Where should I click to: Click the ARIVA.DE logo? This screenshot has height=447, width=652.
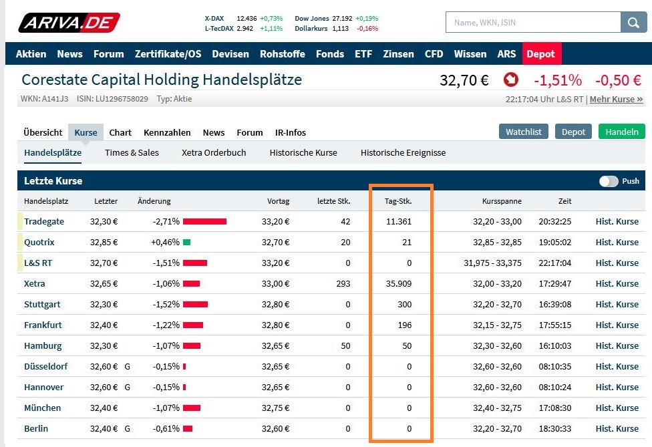(69, 23)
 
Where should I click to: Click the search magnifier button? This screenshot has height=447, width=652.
(633, 23)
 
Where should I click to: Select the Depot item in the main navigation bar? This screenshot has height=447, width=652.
(540, 54)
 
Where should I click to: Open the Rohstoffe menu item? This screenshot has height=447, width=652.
(282, 54)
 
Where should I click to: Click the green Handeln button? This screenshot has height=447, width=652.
(621, 132)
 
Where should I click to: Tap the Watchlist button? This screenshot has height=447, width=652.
(523, 132)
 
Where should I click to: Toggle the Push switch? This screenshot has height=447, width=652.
(609, 181)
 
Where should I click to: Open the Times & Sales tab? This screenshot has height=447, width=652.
(132, 152)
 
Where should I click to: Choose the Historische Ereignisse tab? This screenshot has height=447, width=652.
(403, 152)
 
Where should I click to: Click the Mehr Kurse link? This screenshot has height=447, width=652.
(616, 99)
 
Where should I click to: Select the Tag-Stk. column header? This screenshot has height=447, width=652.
(398, 201)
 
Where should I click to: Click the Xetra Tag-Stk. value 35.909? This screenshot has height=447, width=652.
(399, 283)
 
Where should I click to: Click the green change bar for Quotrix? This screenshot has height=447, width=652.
(186, 242)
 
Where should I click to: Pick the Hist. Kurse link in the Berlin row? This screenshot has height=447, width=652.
(617, 428)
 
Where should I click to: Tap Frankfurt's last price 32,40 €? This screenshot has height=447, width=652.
(104, 325)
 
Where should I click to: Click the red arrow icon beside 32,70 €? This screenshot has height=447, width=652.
(510, 80)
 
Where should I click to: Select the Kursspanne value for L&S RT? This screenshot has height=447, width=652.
(492, 263)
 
